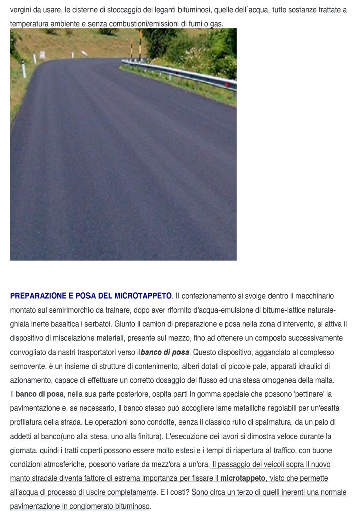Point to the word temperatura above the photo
pos(30,23)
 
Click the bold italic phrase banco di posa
pos(165,352)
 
